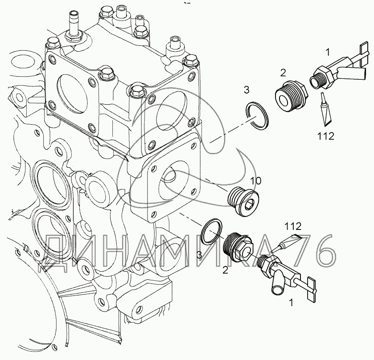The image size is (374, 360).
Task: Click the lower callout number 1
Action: tap(291, 303)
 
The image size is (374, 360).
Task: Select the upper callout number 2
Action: tap(283, 73)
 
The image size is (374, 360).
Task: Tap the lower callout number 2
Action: tap(225, 270)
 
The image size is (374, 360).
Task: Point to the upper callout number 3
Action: tap(247, 91)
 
